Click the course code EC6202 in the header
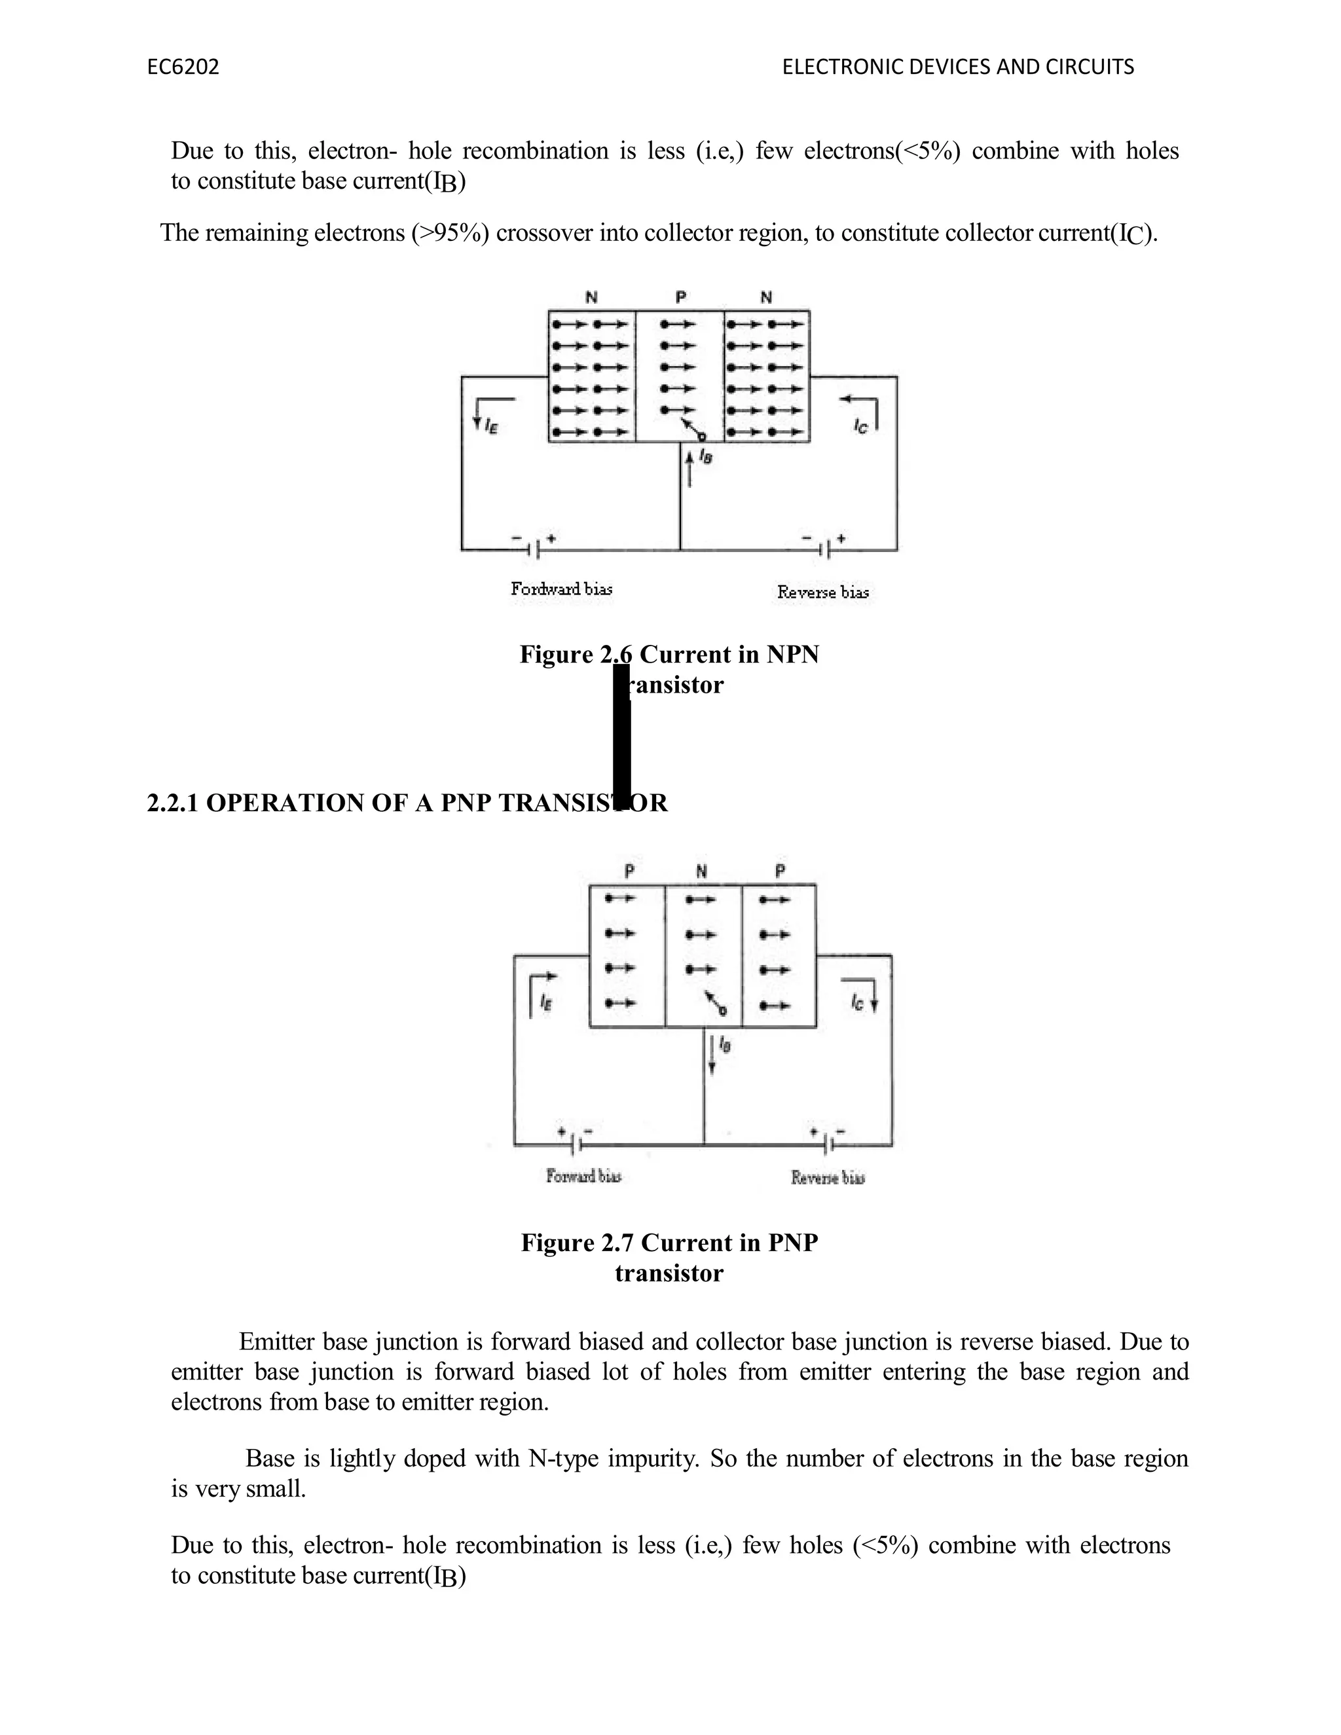point(183,67)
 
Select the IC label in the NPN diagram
point(861,427)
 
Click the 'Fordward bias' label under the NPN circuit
point(561,589)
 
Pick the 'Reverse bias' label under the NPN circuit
point(822,592)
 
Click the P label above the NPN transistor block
point(681,298)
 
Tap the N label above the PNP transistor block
point(701,871)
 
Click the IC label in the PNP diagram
point(856,1003)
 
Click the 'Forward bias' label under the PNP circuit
point(583,1176)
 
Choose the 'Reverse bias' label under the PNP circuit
point(827,1177)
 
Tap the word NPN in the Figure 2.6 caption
point(792,655)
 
